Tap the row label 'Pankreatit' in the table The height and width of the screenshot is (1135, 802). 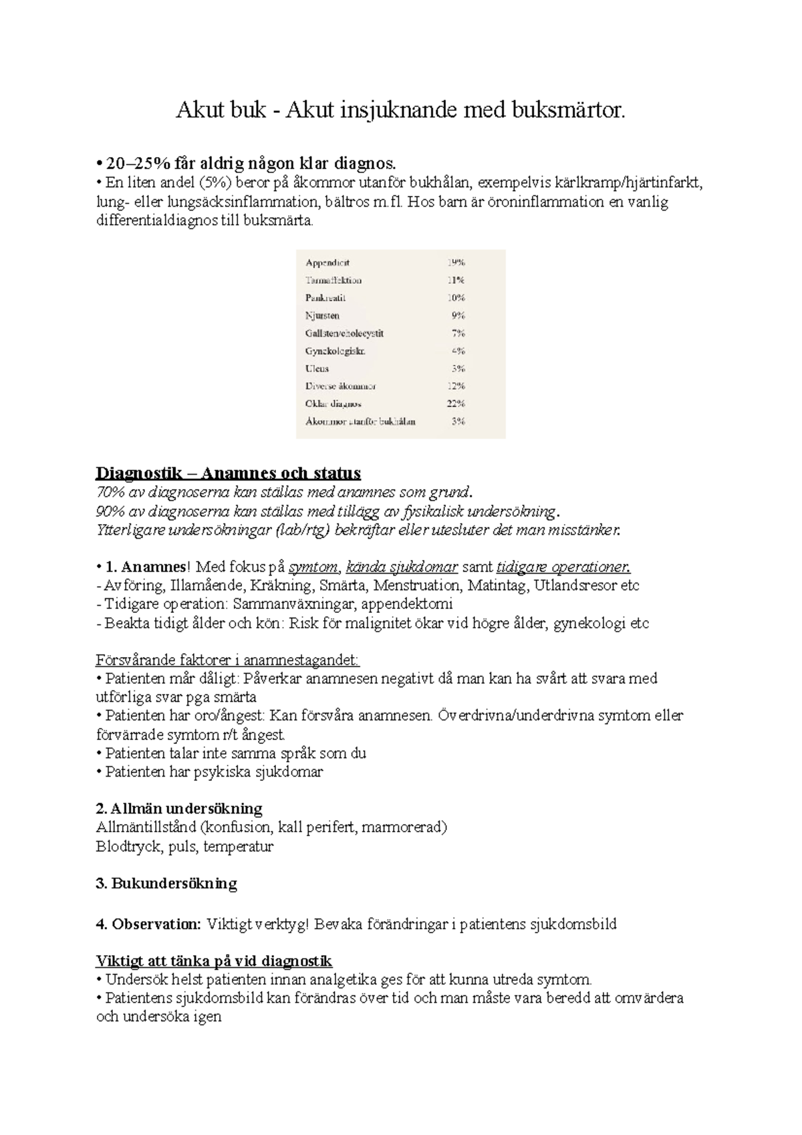click(325, 298)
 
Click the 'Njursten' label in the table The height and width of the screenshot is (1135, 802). click(322, 316)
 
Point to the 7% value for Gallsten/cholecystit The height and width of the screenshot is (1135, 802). click(458, 333)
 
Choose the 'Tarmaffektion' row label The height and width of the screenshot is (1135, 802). click(333, 281)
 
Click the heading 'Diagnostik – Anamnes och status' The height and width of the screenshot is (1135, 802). click(228, 473)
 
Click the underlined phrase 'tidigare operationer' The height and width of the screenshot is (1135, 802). click(563, 567)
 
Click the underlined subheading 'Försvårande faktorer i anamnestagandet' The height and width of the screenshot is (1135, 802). click(228, 660)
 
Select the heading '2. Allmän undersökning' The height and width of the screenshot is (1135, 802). click(179, 808)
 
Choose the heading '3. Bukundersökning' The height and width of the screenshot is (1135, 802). click(166, 884)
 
